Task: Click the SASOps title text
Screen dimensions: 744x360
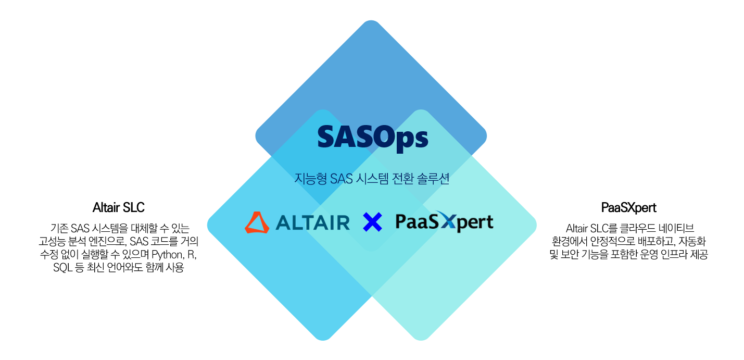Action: (373, 138)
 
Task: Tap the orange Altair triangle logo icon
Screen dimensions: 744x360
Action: (257, 222)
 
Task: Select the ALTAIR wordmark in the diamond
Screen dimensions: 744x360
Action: (312, 222)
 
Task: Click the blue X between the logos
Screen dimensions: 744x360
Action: (372, 222)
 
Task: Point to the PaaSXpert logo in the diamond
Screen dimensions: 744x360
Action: (445, 221)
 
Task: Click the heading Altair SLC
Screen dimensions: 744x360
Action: (119, 207)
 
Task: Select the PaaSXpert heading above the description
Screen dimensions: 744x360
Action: (629, 208)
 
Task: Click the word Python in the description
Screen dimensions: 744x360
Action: (168, 255)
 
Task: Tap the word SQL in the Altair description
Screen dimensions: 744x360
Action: (63, 267)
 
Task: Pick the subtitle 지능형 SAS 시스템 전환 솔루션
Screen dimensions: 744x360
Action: (372, 179)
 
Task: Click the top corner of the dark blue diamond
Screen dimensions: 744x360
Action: (371, 21)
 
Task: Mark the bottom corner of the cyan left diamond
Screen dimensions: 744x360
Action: (323, 340)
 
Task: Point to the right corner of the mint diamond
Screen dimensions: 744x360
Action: (536, 225)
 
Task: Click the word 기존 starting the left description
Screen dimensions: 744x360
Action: (59, 228)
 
